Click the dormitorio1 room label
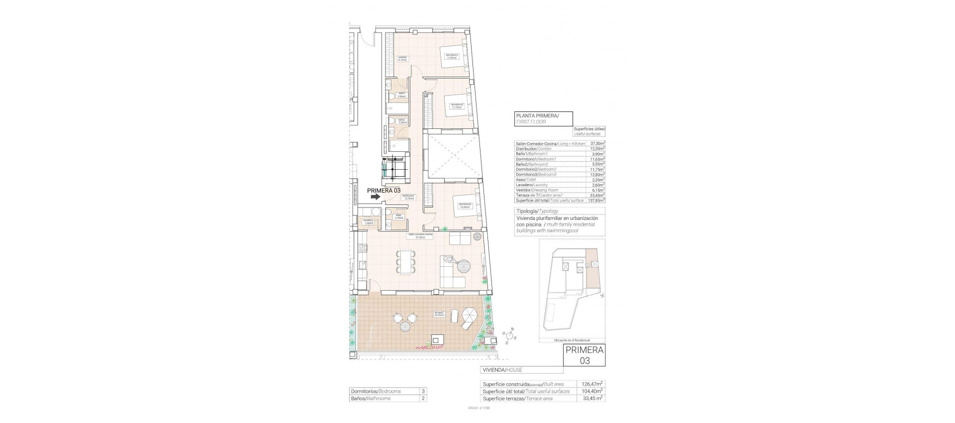[x=451, y=56]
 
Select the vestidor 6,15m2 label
[x=402, y=58]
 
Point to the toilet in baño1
[x=392, y=96]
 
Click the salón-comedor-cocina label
[x=420, y=236]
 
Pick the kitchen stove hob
[x=362, y=247]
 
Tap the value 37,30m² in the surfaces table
[x=597, y=143]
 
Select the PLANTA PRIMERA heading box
[x=543, y=118]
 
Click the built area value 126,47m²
[x=592, y=384]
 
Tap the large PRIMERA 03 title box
[x=584, y=355]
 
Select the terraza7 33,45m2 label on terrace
[x=439, y=314]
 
